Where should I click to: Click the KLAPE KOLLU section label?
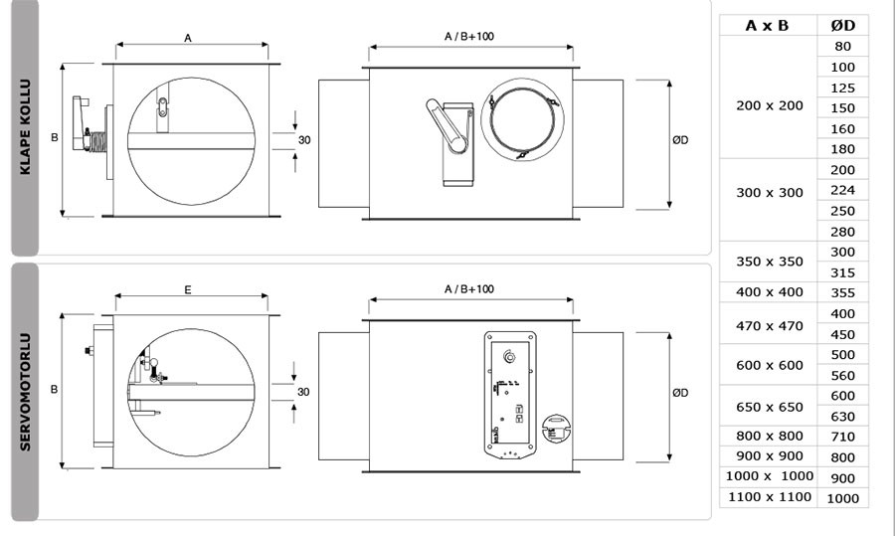click(x=26, y=126)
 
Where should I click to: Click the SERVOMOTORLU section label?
click(x=26, y=392)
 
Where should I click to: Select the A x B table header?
click(x=767, y=26)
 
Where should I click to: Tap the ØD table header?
click(x=843, y=26)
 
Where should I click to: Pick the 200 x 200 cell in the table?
click(x=770, y=105)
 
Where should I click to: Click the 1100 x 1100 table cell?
click(x=770, y=497)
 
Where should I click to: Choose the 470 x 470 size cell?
click(x=770, y=326)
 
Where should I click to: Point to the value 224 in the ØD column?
click(x=843, y=190)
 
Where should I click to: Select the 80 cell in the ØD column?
click(x=843, y=46)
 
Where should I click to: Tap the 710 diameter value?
click(x=843, y=437)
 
